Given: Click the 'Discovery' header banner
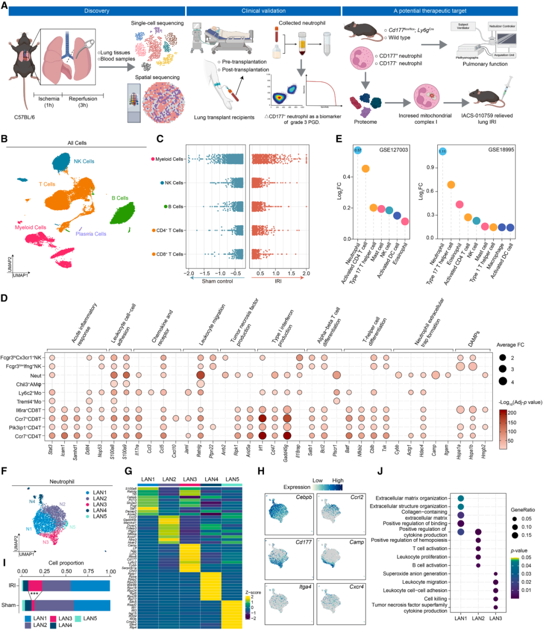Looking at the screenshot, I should point(96,11).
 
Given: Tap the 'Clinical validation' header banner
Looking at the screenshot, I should point(263,11).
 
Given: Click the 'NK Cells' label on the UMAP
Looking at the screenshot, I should point(83,161).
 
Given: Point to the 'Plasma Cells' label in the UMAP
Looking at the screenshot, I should point(91,234).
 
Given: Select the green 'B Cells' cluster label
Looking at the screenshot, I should point(120,198).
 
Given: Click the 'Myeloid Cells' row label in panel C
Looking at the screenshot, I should point(169,159).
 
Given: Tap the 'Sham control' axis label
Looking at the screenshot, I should point(217,281).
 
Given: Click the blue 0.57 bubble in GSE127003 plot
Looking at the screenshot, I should point(357,150).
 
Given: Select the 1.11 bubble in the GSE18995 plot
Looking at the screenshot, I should point(442,151).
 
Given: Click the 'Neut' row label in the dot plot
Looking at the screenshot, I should point(36,376).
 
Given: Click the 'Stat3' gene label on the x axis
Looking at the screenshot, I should point(51,448).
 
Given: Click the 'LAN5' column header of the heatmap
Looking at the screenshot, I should point(232,479).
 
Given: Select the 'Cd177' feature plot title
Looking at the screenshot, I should point(303,543).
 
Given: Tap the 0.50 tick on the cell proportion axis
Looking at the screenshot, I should point(66,572).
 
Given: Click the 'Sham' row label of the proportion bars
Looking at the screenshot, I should point(9,605).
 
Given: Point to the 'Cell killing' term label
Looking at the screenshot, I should point(435,599).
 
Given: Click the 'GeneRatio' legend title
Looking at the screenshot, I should point(523,509).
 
